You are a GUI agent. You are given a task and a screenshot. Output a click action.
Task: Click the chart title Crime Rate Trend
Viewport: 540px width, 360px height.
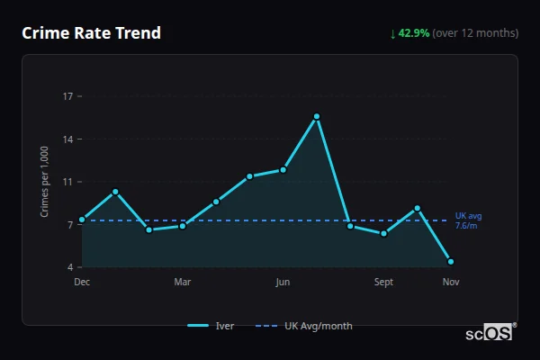91,33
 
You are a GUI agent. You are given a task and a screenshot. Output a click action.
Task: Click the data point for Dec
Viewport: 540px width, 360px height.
82,220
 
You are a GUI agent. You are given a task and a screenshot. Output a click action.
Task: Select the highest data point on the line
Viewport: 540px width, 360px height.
317,116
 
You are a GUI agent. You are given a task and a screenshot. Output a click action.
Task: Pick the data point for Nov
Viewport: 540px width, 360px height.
451,262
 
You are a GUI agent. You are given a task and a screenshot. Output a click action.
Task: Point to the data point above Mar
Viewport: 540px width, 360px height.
183,226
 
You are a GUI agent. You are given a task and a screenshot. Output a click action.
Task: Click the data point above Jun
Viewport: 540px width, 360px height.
283,169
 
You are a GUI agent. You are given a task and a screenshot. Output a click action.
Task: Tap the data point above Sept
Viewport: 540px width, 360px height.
384,234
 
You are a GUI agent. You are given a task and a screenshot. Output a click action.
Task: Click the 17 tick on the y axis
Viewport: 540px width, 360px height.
67,96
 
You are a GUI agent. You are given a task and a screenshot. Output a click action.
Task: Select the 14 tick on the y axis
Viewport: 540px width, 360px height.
67,139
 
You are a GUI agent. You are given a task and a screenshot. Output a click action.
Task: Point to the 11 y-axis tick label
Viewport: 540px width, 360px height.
67,182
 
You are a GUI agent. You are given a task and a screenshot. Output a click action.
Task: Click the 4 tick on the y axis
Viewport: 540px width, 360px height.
70,267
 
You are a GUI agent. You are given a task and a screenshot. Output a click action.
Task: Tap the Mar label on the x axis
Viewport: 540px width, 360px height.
183,283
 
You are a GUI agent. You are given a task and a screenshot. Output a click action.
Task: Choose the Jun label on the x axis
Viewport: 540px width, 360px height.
283,283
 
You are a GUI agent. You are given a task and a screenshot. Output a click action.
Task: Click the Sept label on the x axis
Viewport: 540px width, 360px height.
384,283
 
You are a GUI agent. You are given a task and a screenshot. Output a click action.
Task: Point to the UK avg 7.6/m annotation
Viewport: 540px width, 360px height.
468,220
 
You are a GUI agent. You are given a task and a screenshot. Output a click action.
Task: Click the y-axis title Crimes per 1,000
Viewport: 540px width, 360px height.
45,183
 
